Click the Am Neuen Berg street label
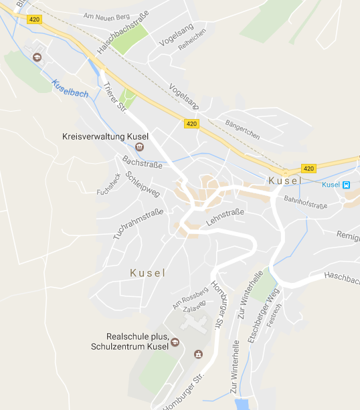(x=105, y=15)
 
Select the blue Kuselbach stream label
(x=70, y=90)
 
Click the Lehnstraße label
(x=226, y=219)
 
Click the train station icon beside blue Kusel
(x=346, y=185)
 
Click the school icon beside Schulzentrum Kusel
(x=175, y=342)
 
